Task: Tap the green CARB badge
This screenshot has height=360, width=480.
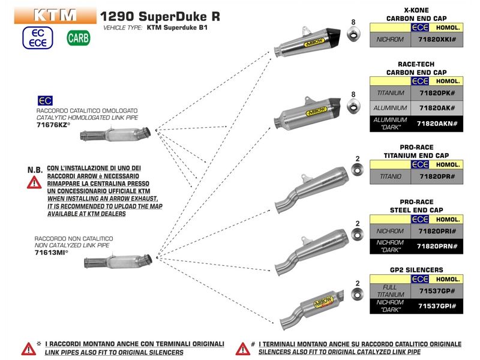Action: (x=79, y=39)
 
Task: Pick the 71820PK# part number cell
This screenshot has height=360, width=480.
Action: (x=437, y=93)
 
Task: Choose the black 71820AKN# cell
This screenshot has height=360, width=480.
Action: (x=437, y=124)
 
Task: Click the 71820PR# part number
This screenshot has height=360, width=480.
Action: (x=437, y=176)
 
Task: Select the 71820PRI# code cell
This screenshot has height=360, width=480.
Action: (x=437, y=231)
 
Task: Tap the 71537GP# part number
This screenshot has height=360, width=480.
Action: (x=437, y=291)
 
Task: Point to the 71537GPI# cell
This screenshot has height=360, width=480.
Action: (x=437, y=305)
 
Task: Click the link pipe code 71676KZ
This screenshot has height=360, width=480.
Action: (x=53, y=125)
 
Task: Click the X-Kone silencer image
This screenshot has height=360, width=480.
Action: (x=307, y=44)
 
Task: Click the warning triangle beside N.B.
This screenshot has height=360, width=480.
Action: (x=35, y=182)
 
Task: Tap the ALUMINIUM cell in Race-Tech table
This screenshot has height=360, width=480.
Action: (x=391, y=108)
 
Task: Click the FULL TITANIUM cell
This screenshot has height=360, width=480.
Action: (x=391, y=291)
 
